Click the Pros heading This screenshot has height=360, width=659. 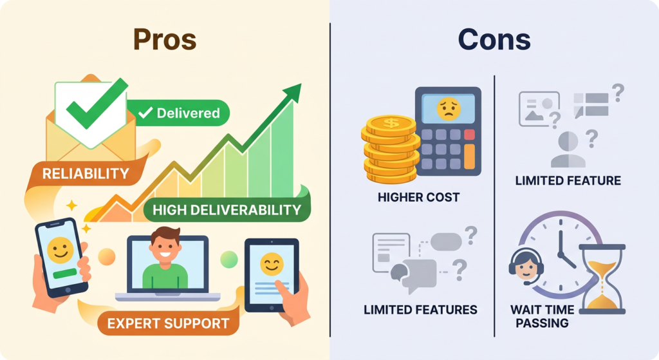point(165,40)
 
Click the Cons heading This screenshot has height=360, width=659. point(494,40)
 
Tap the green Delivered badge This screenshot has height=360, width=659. point(178,113)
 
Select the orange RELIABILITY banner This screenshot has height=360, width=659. point(86,173)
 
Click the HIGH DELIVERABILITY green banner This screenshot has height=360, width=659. point(227,209)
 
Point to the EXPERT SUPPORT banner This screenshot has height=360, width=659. point(168,323)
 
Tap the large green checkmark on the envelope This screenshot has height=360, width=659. point(97,104)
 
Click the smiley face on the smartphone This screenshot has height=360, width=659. point(60,251)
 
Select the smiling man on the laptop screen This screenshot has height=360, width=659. point(165,258)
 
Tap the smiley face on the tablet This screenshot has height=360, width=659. point(272,263)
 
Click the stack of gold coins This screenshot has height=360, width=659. point(391,149)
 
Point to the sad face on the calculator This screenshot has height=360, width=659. point(449,108)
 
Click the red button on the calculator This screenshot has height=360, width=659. point(469,135)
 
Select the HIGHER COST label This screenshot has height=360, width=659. point(418,197)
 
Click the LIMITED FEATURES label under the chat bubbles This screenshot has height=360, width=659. point(420,310)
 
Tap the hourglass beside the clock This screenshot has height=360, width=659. point(602,279)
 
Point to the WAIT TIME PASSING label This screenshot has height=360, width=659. point(542,316)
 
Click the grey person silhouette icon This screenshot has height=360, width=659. point(568,149)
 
